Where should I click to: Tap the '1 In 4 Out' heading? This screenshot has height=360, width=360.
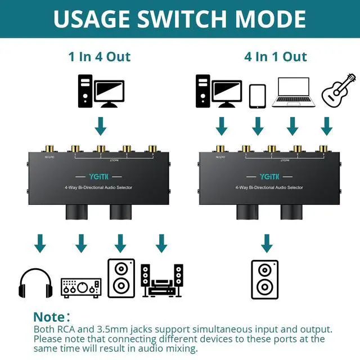[100, 57]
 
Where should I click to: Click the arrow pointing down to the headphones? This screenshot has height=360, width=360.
[39, 244]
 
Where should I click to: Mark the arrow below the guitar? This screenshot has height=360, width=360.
[327, 125]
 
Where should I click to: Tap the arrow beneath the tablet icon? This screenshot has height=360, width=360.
[257, 125]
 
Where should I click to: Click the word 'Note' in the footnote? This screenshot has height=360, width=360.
[52, 317]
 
